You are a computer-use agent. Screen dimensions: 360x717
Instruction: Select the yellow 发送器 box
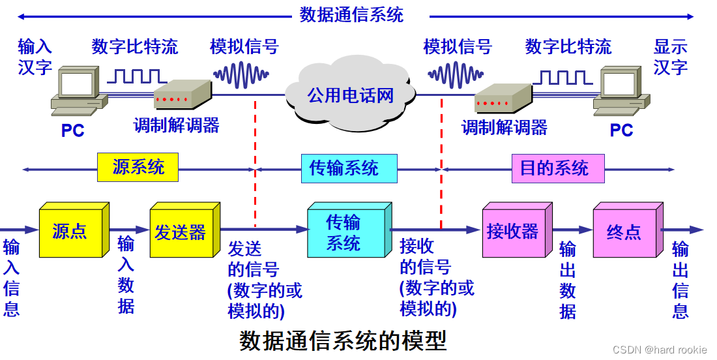pyautogui.click(x=180, y=232)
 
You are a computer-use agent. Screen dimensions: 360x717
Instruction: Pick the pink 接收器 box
pyautogui.click(x=513, y=231)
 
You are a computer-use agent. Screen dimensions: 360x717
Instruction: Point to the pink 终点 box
pyautogui.click(x=624, y=232)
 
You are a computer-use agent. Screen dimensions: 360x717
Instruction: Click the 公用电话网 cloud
pyautogui.click(x=351, y=94)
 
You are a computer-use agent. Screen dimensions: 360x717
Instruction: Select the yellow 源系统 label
pyautogui.click(x=138, y=167)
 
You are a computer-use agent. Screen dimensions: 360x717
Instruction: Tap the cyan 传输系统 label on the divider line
pyautogui.click(x=344, y=168)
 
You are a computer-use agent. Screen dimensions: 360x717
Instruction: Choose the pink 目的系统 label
pyautogui.click(x=554, y=168)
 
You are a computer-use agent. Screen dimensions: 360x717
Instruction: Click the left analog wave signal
pyautogui.click(x=241, y=74)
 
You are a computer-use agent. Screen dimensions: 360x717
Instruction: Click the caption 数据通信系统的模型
pyautogui.click(x=343, y=341)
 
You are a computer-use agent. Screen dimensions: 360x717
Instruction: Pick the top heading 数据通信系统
pyautogui.click(x=351, y=14)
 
